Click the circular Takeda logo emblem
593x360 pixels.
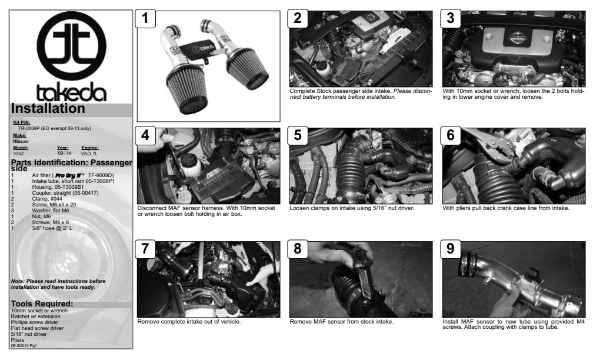(x=71, y=46)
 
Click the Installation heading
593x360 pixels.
(x=48, y=108)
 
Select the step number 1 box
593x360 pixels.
(x=146, y=19)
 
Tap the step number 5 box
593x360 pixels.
(x=298, y=135)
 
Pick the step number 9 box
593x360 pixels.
(x=451, y=249)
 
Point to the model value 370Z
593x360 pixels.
(x=19, y=154)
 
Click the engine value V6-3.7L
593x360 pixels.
(x=89, y=154)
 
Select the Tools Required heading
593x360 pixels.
(x=42, y=304)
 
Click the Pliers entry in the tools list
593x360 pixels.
(x=18, y=339)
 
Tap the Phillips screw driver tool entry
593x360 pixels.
(x=34, y=322)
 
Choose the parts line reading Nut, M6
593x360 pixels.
(x=41, y=216)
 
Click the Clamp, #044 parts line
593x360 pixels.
(x=47, y=199)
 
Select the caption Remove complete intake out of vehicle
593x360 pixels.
(x=189, y=321)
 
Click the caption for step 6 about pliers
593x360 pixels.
(x=506, y=208)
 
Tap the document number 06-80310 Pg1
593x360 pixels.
(x=24, y=345)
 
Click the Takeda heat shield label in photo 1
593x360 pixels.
(x=201, y=48)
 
